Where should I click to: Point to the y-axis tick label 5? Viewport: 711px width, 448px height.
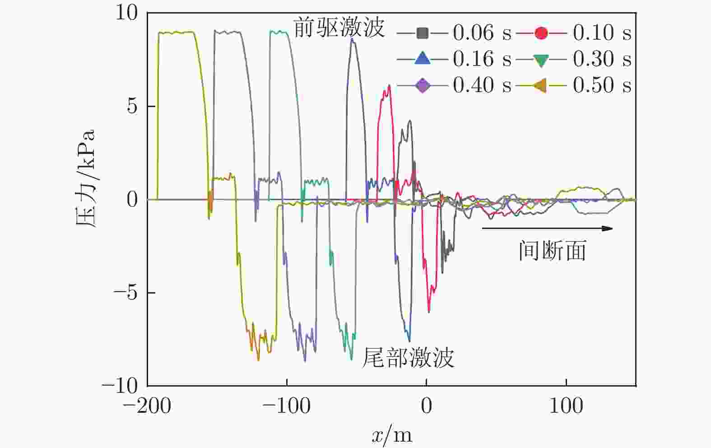(132, 107)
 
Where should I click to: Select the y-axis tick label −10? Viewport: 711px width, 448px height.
(120, 386)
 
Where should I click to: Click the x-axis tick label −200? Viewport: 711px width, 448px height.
(147, 406)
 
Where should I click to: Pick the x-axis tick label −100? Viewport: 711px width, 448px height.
(287, 406)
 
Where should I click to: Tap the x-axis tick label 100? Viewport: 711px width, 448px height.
(566, 406)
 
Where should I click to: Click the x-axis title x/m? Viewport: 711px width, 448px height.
(392, 435)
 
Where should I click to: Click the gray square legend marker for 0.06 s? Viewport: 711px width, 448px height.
(423, 33)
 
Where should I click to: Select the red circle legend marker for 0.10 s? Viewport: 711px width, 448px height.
(541, 33)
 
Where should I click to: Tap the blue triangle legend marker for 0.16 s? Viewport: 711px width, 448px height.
(423, 59)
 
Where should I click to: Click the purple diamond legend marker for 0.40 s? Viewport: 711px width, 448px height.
(423, 85)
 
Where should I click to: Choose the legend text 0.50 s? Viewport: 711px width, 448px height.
(602, 85)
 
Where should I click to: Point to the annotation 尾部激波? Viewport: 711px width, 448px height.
(408, 358)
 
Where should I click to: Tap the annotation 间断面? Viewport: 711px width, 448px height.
(552, 251)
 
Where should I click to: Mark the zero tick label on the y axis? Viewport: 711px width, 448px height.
(132, 200)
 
